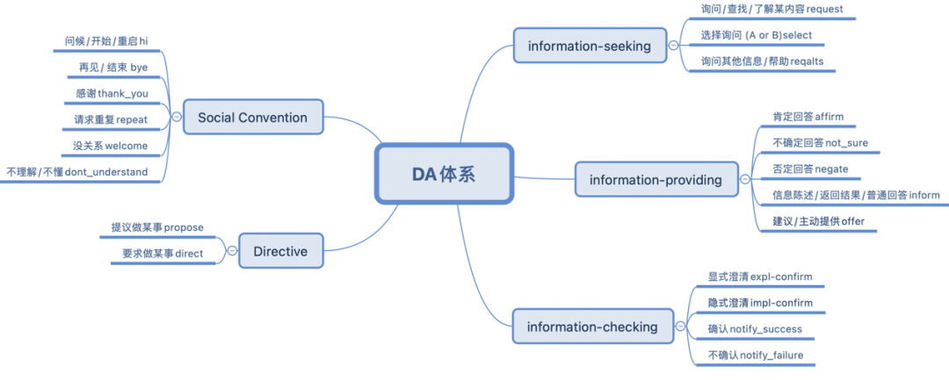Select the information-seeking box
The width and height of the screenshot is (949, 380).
(590, 46)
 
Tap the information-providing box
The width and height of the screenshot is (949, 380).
(656, 180)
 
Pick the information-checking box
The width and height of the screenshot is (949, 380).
(592, 327)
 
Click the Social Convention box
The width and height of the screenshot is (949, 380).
(252, 117)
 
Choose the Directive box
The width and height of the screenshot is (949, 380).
(280, 251)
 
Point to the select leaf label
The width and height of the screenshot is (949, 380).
(757, 35)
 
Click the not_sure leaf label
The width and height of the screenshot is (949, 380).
(820, 143)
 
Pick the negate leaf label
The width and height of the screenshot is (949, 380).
(810, 168)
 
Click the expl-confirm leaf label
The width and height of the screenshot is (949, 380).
(760, 276)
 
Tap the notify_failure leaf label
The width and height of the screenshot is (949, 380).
(756, 355)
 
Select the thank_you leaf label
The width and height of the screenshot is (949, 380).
(112, 93)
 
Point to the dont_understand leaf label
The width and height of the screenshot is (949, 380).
(77, 172)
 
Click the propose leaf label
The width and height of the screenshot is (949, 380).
(157, 227)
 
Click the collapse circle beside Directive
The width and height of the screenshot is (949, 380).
(231, 251)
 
